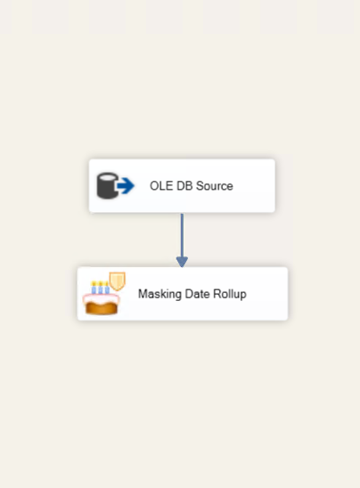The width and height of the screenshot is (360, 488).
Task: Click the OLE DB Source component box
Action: click(182, 186)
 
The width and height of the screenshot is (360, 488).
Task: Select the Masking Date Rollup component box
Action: click(183, 294)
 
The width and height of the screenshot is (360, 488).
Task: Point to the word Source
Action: click(215, 186)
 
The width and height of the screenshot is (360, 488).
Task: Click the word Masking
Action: click(160, 294)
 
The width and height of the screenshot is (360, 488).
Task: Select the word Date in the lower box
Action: click(197, 294)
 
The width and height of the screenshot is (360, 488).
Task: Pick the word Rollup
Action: click(230, 294)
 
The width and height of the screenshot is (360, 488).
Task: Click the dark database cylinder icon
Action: click(108, 185)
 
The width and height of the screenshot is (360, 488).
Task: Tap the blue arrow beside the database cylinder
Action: click(126, 186)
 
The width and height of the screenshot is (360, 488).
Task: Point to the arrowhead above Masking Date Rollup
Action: click(182, 262)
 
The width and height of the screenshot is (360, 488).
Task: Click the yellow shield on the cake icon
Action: click(118, 281)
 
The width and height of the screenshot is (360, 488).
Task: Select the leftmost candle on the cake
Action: click(94, 288)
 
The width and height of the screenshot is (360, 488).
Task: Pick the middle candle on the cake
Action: click(101, 288)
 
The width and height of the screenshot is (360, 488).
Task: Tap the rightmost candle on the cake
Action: click(107, 288)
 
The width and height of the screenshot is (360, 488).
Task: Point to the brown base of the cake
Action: click(102, 308)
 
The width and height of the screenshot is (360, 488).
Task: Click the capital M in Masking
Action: click(143, 294)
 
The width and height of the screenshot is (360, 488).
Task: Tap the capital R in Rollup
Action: click(217, 294)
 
